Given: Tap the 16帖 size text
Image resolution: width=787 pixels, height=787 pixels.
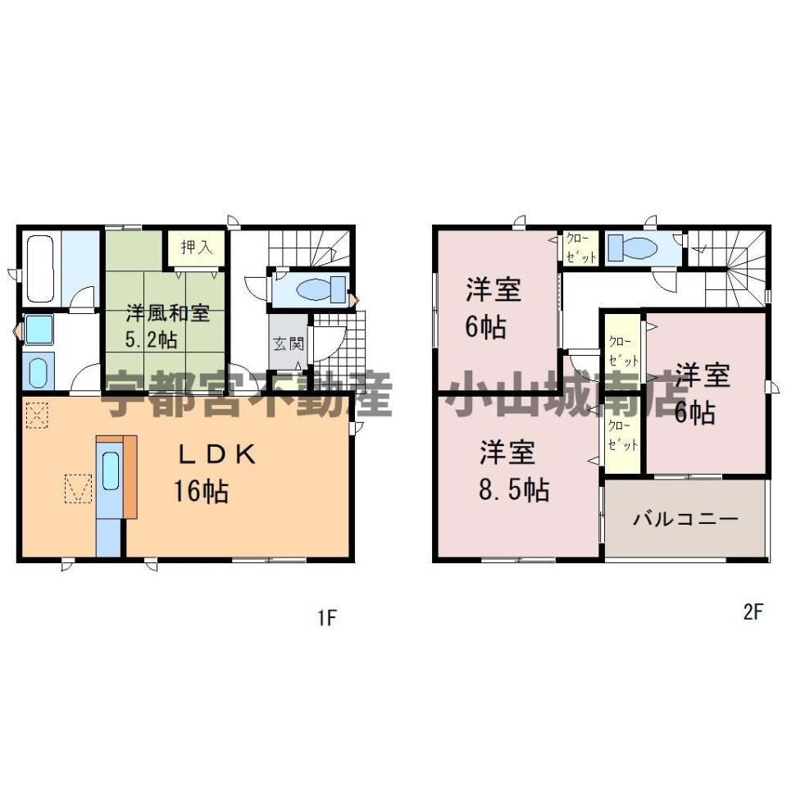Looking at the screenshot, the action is [x=202, y=491].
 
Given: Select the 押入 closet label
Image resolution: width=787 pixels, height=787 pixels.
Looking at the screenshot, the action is [x=196, y=247].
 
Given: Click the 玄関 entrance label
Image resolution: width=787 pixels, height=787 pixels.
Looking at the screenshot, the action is [x=288, y=343].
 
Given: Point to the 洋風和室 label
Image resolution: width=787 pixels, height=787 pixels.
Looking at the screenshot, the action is [x=167, y=313].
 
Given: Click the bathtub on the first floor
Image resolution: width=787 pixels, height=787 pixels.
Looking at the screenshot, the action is [x=40, y=269].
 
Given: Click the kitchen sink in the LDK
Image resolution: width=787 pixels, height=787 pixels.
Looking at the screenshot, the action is [x=111, y=471].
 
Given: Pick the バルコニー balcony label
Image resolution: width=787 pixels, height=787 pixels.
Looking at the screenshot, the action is [x=685, y=518].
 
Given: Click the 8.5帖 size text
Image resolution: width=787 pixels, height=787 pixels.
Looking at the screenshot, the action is [x=514, y=490].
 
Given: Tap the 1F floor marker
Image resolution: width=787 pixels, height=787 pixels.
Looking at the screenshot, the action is [x=326, y=618].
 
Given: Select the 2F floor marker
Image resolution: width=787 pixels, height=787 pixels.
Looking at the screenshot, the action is [x=753, y=612].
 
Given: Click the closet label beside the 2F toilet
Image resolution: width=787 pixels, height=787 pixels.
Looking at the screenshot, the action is [x=580, y=248].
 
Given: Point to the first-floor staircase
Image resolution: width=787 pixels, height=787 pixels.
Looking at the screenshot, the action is [x=309, y=248].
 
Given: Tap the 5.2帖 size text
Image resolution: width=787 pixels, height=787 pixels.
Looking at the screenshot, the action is [x=151, y=339].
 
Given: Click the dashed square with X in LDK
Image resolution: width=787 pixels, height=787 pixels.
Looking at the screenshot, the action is [x=37, y=416].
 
